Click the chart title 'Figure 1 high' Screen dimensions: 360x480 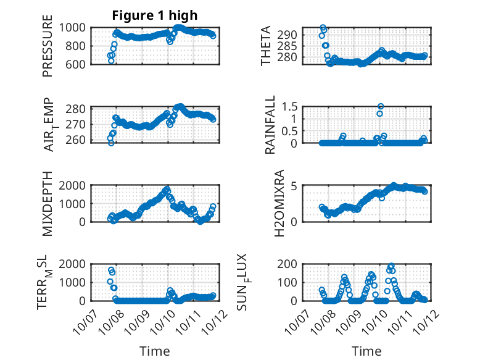pyautogui.click(x=154, y=15)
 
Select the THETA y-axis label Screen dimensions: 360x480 pyautogui.click(x=266, y=45)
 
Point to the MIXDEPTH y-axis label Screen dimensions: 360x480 pyautogui.click(x=48, y=204)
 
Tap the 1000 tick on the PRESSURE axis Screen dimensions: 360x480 pyautogui.click(x=77, y=28)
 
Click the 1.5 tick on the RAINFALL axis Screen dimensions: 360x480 pyautogui.click(x=291, y=106)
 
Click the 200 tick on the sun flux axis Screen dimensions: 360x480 pyautogui.click(x=290, y=264)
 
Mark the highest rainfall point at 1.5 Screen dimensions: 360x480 pyautogui.click(x=381, y=106)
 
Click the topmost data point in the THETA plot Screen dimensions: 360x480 pyautogui.click(x=323, y=28)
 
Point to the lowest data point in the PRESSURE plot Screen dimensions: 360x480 pyautogui.click(x=111, y=61)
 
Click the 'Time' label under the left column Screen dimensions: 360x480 pyautogui.click(x=154, y=351)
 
